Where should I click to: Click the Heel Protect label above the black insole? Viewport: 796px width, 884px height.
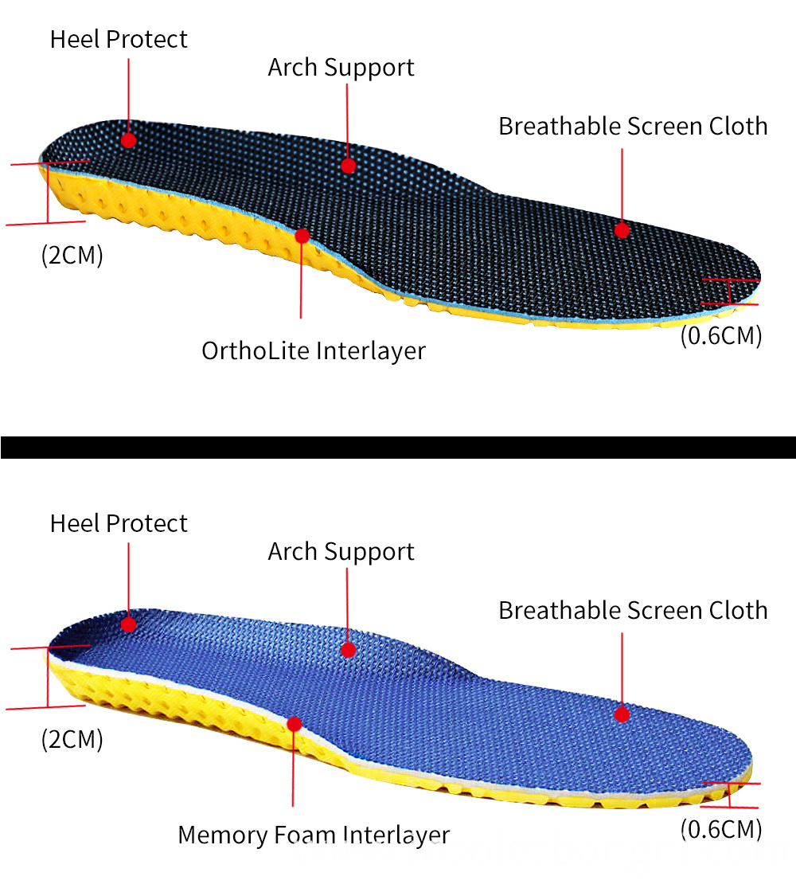pos(119,40)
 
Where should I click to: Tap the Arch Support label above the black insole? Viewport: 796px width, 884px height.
pos(341,68)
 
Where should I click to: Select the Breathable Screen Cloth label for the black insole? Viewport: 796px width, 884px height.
pos(633,127)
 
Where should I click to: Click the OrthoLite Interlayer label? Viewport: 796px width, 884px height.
pos(313,350)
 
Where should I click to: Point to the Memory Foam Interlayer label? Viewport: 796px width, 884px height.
pos(314,835)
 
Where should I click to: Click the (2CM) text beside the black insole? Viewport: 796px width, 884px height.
pos(72,256)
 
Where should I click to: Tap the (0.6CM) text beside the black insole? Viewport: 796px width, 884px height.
pos(721,335)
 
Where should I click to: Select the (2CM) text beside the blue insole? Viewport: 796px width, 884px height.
pos(72,739)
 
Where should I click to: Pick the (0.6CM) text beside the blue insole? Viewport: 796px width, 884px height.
pos(721,829)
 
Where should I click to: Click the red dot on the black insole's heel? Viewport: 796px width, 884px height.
pos(128,140)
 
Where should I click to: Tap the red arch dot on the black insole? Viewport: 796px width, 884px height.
pos(348,166)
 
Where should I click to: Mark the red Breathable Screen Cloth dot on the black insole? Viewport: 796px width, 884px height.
pos(622,230)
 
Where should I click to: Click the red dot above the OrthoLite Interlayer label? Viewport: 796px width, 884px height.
pos(302,236)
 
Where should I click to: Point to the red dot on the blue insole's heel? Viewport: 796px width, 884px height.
pos(128,624)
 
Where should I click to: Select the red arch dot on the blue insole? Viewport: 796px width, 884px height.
pos(348,650)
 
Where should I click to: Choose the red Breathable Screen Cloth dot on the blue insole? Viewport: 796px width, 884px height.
pos(622,714)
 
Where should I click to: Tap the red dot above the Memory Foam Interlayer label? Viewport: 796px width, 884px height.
pos(294,724)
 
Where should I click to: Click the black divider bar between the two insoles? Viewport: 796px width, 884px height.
pos(398,447)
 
